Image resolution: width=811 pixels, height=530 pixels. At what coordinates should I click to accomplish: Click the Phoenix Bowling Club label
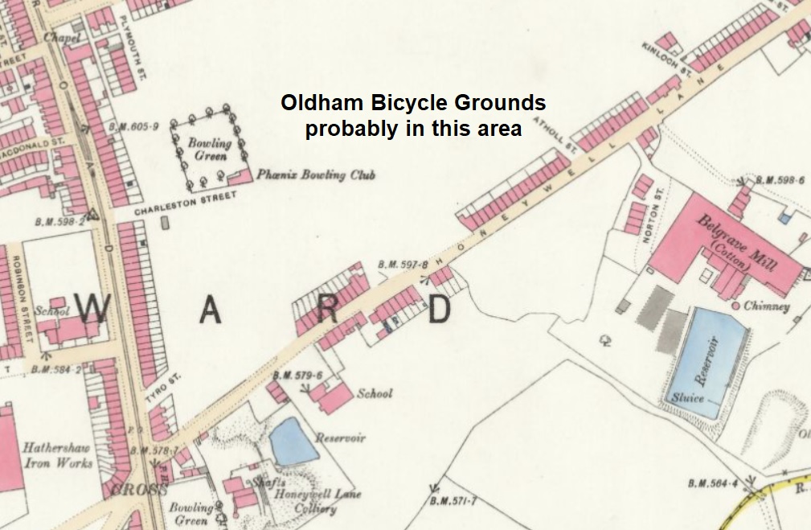pos(316,175)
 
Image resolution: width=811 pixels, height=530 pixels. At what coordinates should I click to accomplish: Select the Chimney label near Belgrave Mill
pos(768,306)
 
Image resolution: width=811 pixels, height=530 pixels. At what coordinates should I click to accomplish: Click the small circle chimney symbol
pos(735,306)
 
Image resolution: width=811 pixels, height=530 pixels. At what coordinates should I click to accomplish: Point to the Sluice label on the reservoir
pos(686,398)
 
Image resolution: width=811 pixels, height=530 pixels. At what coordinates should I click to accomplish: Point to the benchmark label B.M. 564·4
pos(712,483)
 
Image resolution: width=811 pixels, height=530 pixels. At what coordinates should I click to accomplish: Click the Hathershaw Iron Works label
pos(57,455)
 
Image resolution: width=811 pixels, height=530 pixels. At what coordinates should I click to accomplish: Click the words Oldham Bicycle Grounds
pos(413,104)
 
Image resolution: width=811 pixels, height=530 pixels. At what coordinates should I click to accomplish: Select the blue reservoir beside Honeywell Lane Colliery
pos(293,441)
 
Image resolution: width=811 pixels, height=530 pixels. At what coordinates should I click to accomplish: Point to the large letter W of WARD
pos(92,308)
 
